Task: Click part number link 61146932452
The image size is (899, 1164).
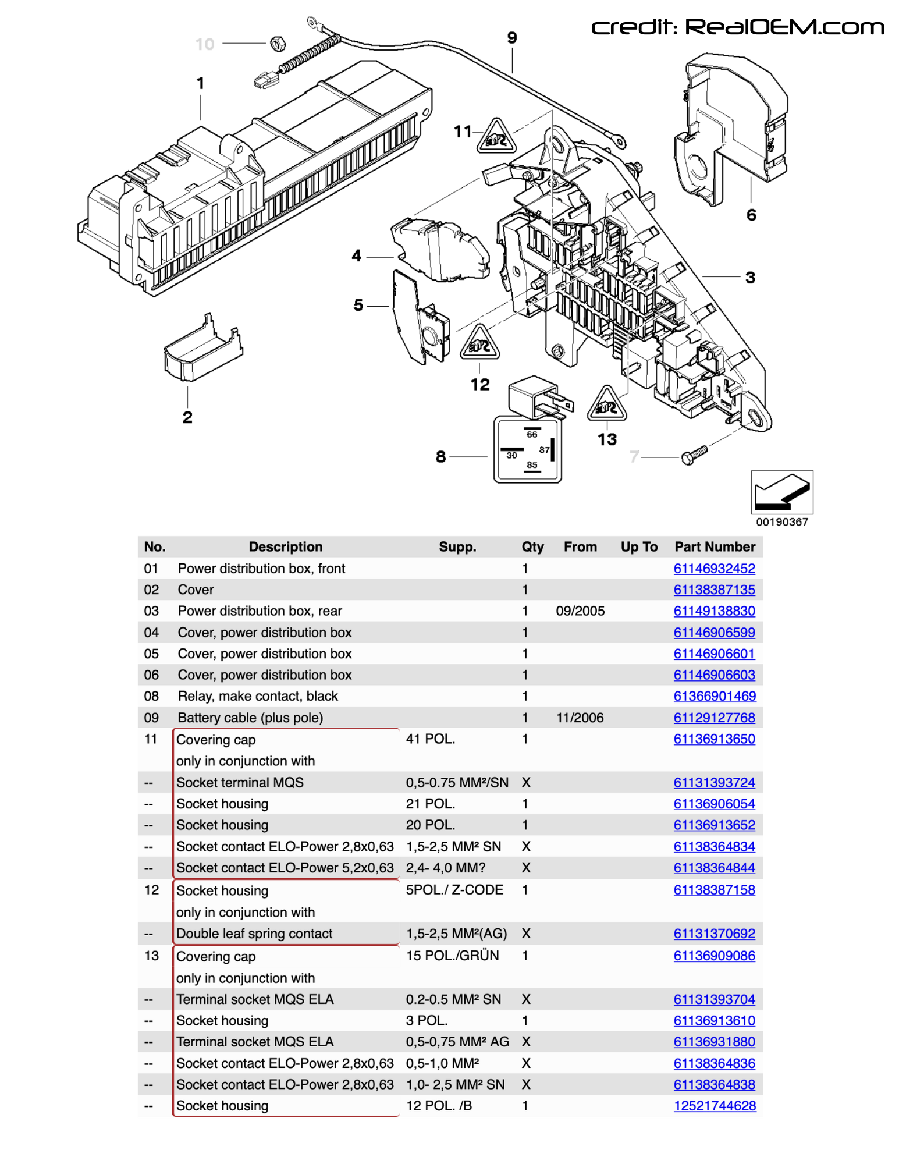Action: [714, 569]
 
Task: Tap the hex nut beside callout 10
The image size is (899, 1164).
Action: [278, 43]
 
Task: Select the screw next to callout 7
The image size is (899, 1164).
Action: [694, 455]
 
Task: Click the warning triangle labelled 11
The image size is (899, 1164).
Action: [496, 137]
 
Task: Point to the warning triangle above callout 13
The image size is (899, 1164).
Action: [607, 404]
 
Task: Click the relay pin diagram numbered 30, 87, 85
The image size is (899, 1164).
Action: [527, 449]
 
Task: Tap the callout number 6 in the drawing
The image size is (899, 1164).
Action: [751, 215]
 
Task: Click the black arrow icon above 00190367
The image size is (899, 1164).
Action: [781, 492]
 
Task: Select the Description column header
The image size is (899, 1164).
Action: [285, 546]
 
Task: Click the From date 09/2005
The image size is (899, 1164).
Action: [580, 611]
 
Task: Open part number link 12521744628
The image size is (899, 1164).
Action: [715, 1106]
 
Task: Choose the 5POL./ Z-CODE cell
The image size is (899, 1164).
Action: [454, 890]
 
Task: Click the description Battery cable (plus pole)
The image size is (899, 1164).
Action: [250, 718]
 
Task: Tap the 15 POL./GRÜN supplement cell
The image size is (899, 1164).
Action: [452, 956]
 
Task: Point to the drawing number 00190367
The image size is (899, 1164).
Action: [781, 522]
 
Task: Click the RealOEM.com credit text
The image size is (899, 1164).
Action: [737, 27]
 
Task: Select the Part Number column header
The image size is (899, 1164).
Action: [715, 546]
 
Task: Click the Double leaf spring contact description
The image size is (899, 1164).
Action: [254, 934]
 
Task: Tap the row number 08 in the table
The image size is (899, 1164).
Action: [151, 696]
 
